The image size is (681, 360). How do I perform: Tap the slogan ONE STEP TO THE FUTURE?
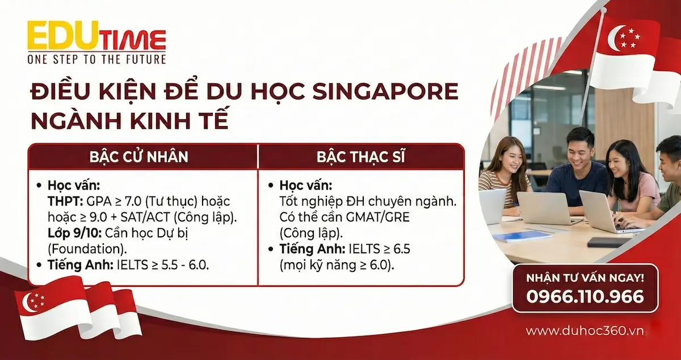(x=96, y=59)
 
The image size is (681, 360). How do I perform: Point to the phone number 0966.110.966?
(x=585, y=296)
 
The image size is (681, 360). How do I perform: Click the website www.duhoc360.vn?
(x=585, y=331)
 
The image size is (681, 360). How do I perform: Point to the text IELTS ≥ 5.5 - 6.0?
(x=163, y=265)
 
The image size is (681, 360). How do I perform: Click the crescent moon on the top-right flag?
(x=616, y=38)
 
